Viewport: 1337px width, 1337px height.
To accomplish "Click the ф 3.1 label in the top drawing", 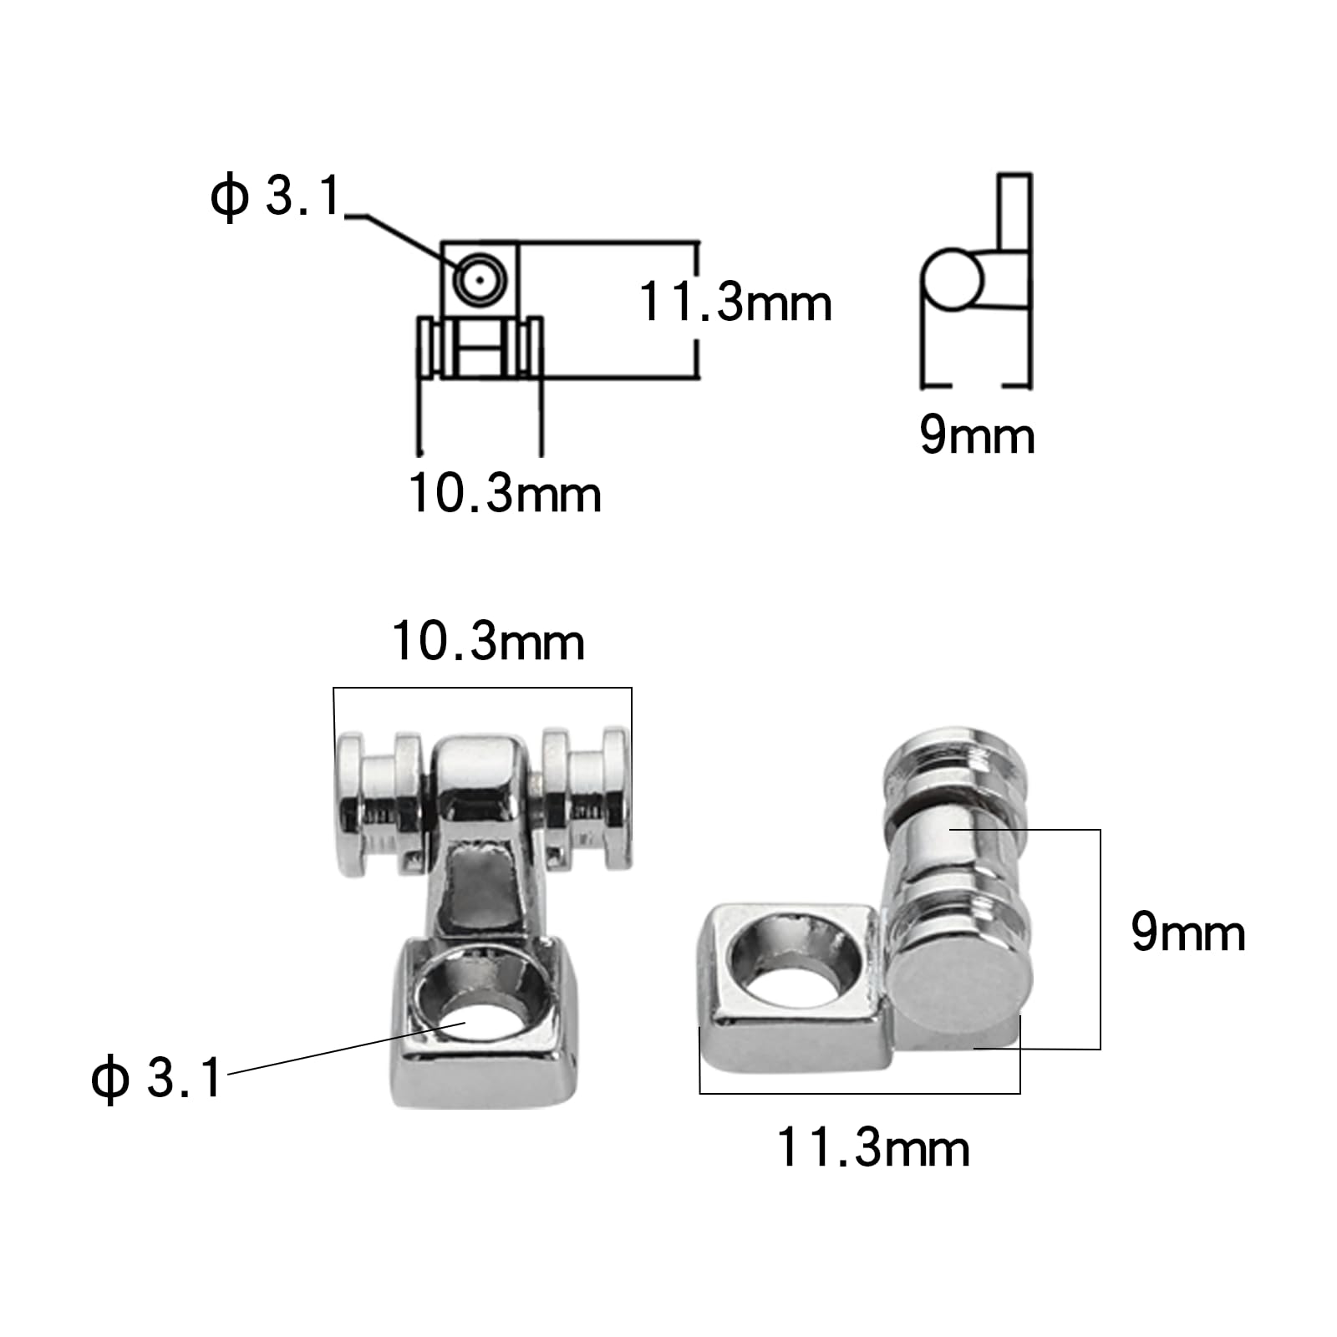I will (x=276, y=197).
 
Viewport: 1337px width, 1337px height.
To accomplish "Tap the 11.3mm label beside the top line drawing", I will (x=735, y=302).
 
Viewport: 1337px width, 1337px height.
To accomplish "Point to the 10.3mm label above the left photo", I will (x=488, y=642).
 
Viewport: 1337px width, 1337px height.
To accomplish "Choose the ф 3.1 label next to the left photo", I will (x=156, y=1077).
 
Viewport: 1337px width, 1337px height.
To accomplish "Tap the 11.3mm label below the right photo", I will (x=873, y=1147).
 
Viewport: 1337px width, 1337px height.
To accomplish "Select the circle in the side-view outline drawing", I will (x=951, y=279).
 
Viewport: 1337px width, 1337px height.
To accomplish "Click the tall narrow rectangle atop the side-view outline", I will (x=1014, y=212).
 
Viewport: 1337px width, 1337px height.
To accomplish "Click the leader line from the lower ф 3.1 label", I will (x=334, y=1050).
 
